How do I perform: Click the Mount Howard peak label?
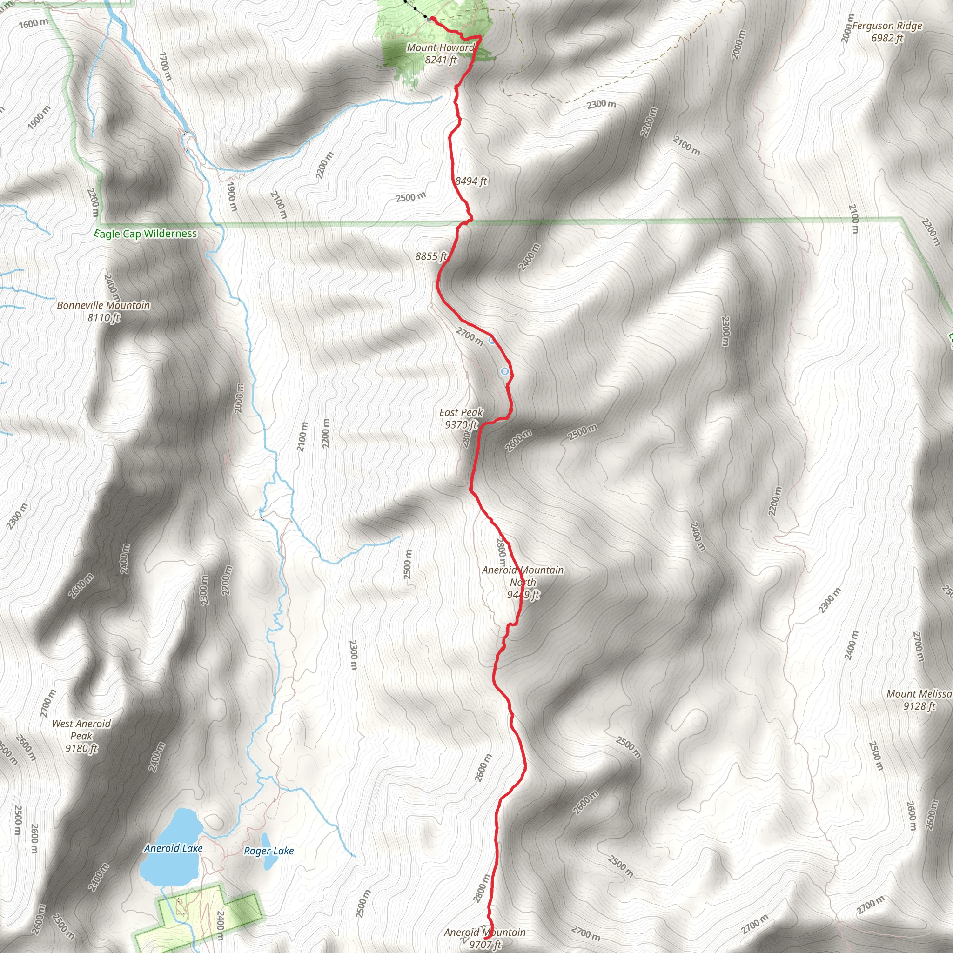pyautogui.click(x=441, y=48)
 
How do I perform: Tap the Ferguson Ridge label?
pyautogui.click(x=887, y=26)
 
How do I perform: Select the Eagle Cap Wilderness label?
pyautogui.click(x=146, y=233)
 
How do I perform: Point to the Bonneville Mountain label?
pyautogui.click(x=104, y=305)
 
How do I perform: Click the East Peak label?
pyautogui.click(x=461, y=412)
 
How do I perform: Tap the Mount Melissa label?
pyautogui.click(x=919, y=694)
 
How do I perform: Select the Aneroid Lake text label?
pyautogui.click(x=173, y=848)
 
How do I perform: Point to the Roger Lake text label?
pyautogui.click(x=269, y=851)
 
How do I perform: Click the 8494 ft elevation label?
pyautogui.click(x=471, y=181)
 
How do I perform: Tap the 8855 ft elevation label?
pyautogui.click(x=430, y=256)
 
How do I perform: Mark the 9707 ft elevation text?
pyautogui.click(x=485, y=944)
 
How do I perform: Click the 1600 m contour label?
pyautogui.click(x=34, y=23)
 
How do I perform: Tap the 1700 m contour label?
pyautogui.click(x=166, y=66)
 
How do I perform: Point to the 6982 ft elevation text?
pyautogui.click(x=887, y=38)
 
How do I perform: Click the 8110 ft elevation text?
pyautogui.click(x=104, y=318)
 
